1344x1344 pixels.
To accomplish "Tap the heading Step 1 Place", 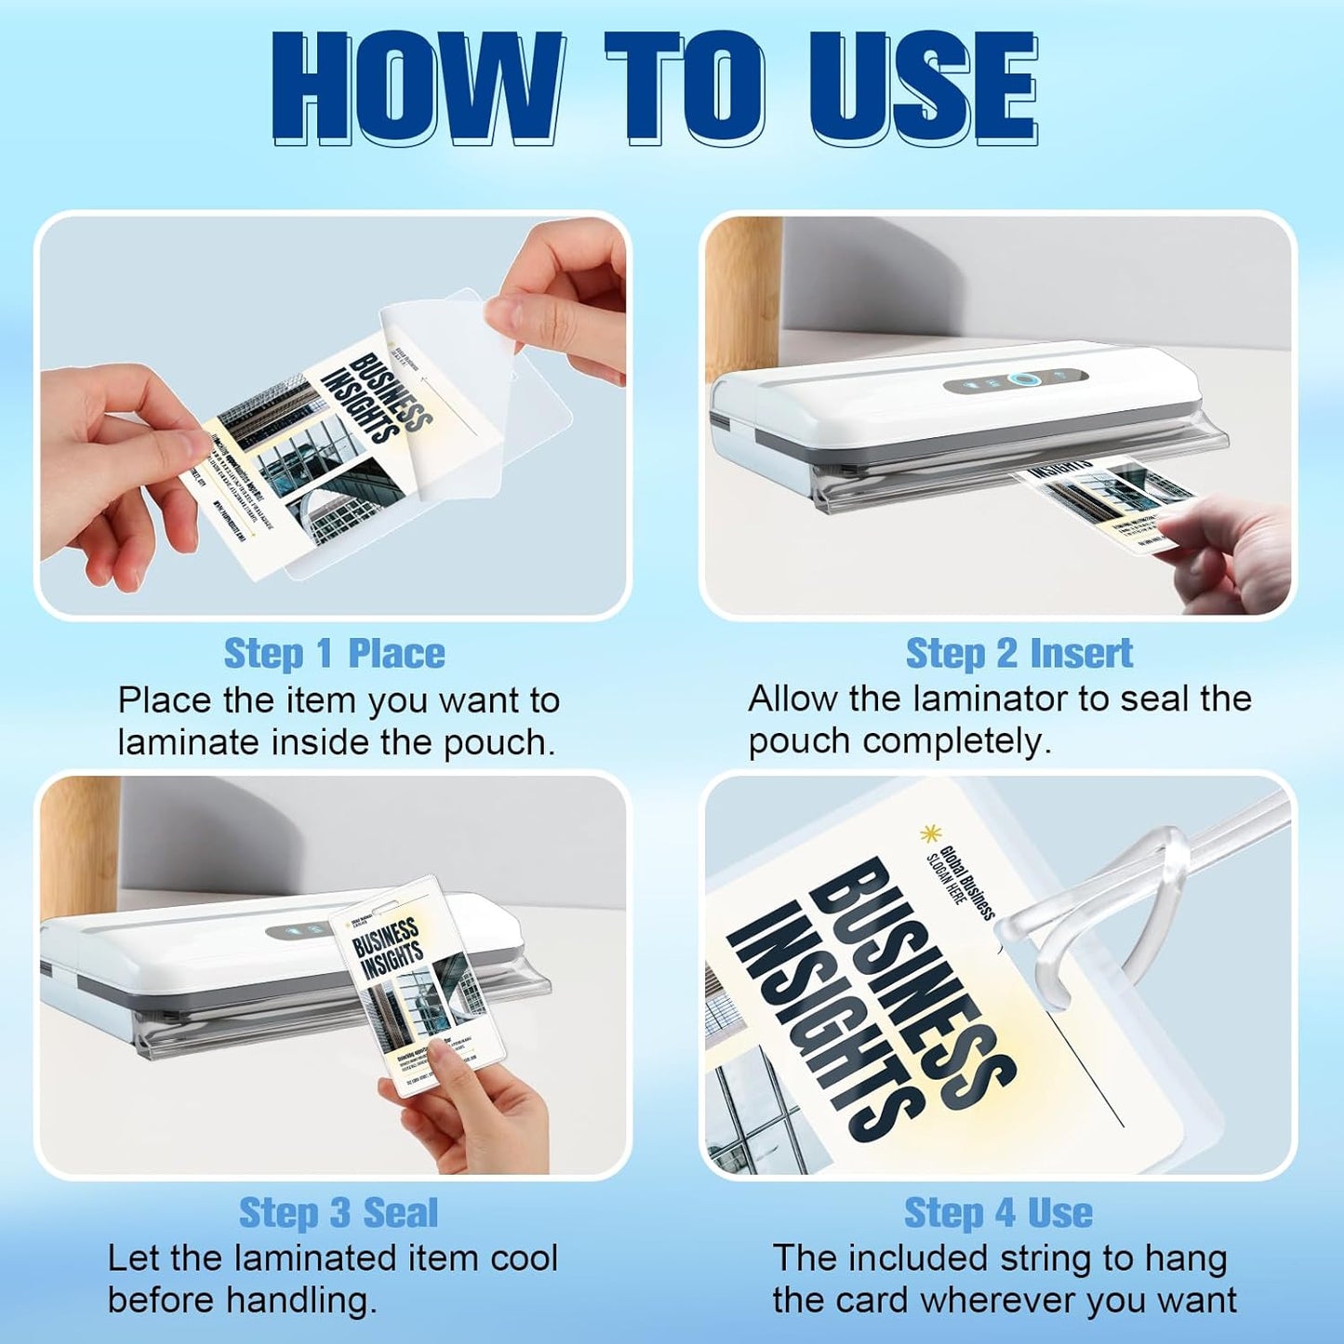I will (334, 653).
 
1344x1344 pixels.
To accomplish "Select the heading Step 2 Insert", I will (1018, 653).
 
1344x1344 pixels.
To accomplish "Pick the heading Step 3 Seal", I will (338, 1212).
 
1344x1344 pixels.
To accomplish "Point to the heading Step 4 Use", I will (998, 1212).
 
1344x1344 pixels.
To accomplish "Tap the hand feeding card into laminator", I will (1228, 549).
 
